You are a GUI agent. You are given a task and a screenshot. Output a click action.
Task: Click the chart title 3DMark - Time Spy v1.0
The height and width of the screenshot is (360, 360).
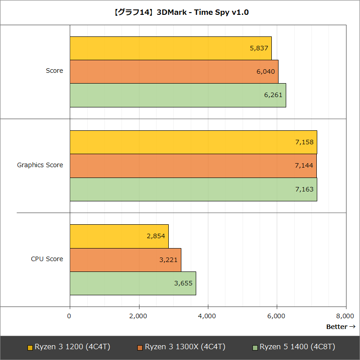click(180, 12)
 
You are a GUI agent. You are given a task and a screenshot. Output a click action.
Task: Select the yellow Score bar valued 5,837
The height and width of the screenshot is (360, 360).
click(171, 48)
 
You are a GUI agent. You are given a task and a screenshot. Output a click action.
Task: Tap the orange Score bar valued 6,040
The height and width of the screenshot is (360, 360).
click(174, 71)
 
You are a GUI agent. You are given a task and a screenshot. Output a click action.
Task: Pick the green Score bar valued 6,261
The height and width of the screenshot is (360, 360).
click(178, 95)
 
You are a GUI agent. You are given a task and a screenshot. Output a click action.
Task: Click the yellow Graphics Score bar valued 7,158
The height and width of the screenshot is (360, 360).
click(193, 142)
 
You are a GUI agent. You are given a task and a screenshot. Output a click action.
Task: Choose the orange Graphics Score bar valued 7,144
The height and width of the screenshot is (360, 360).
click(193, 165)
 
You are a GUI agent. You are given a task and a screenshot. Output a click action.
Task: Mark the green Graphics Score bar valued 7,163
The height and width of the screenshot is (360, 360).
click(193, 189)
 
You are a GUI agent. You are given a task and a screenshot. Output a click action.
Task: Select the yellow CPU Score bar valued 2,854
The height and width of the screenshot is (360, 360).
click(119, 236)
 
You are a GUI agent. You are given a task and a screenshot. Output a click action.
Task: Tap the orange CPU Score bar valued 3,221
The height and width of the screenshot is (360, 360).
click(125, 259)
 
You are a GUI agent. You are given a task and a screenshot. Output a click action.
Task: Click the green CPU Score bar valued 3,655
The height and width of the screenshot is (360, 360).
click(133, 283)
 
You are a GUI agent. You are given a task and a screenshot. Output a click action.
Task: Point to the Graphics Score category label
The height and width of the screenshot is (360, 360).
click(40, 165)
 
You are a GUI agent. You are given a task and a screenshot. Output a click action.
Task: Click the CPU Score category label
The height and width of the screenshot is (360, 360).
click(47, 259)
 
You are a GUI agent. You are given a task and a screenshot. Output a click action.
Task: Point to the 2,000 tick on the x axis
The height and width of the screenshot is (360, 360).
click(138, 316)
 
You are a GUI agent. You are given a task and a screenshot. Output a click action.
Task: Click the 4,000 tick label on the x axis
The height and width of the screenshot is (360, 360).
click(207, 316)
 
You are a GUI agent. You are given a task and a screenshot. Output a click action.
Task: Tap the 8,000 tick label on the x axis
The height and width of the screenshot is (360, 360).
click(345, 316)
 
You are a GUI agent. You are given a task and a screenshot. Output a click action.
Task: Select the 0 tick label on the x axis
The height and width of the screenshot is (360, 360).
click(69, 316)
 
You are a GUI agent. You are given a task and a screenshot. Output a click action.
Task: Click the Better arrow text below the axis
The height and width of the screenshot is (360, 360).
click(341, 327)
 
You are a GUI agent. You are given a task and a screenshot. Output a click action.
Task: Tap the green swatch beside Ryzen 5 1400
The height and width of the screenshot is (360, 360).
click(255, 347)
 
